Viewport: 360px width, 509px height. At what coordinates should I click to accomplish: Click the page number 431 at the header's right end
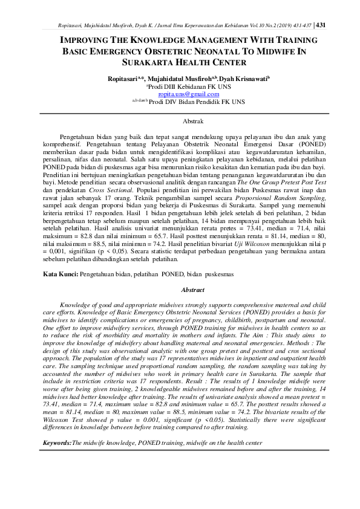[321, 25]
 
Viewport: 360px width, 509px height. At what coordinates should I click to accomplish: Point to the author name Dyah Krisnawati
[241, 78]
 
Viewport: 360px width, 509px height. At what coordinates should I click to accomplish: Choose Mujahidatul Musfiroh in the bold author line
[186, 78]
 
